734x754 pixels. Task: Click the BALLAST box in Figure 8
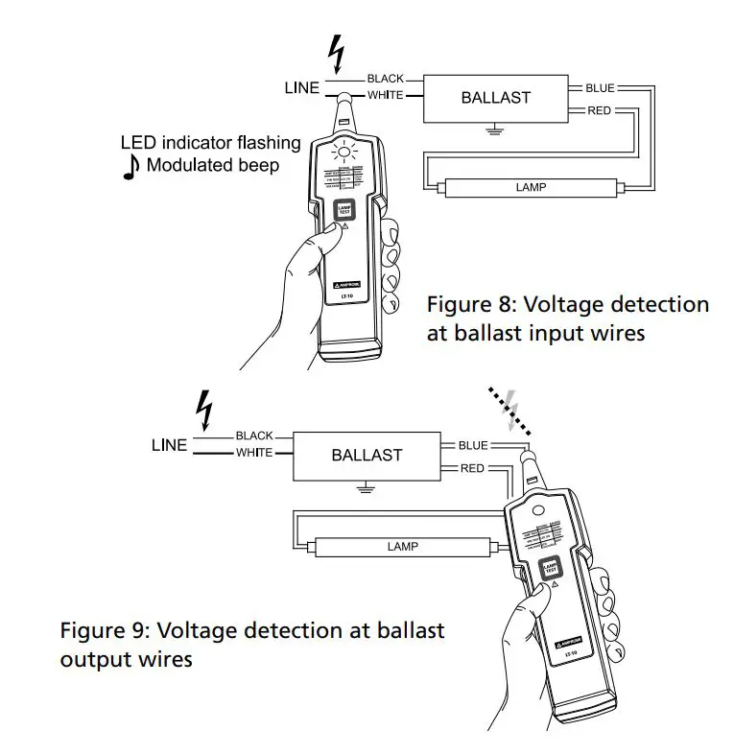(x=495, y=98)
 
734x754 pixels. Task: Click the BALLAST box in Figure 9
(x=366, y=455)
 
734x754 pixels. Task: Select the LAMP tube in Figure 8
(x=531, y=187)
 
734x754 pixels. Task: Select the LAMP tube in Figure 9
(x=402, y=546)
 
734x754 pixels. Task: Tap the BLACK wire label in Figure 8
(x=385, y=79)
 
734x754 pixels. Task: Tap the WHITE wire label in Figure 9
(x=254, y=453)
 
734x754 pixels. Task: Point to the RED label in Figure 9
(x=472, y=469)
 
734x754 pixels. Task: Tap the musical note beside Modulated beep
(x=131, y=166)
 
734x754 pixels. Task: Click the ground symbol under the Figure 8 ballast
(x=495, y=129)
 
